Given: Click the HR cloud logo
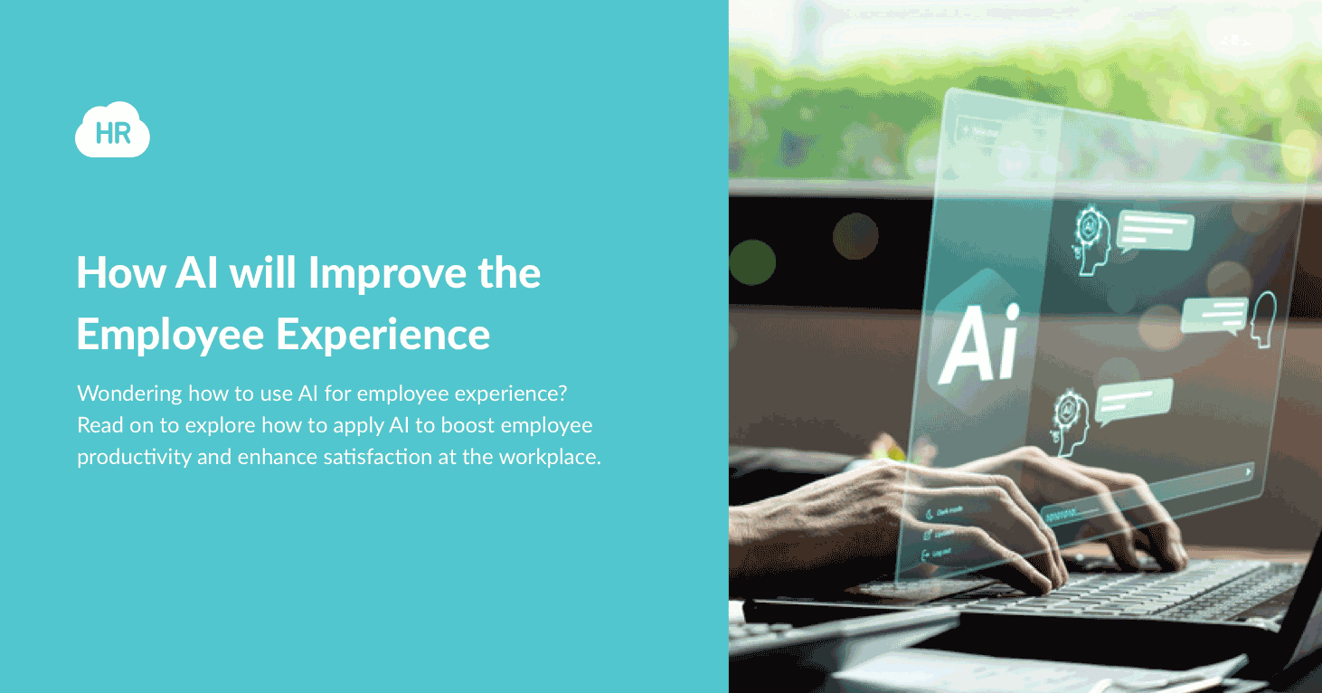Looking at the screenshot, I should tap(112, 132).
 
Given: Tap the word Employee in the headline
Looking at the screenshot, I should tap(170, 334).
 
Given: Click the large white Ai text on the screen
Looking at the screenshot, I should tap(977, 344).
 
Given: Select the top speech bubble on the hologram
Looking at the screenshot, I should tap(1154, 232).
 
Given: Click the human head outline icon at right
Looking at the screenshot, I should tap(1262, 317).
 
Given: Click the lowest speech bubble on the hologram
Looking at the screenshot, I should tap(1134, 401).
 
